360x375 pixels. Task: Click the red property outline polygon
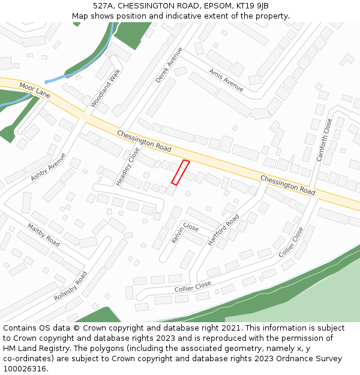point(181,172)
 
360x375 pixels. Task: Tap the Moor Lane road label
point(35,91)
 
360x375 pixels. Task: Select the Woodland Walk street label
point(106,88)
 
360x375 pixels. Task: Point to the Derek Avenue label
point(169,65)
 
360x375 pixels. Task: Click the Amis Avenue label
point(226,80)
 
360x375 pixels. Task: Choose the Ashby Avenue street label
point(48,167)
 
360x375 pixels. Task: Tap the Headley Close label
point(128,166)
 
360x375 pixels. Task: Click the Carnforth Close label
point(324,140)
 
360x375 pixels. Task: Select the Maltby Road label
point(43,235)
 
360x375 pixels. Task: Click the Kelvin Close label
point(185,232)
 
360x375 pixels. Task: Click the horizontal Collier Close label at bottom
point(193,286)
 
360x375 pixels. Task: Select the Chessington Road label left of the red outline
point(144,141)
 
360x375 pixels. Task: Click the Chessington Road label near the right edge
point(288,185)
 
